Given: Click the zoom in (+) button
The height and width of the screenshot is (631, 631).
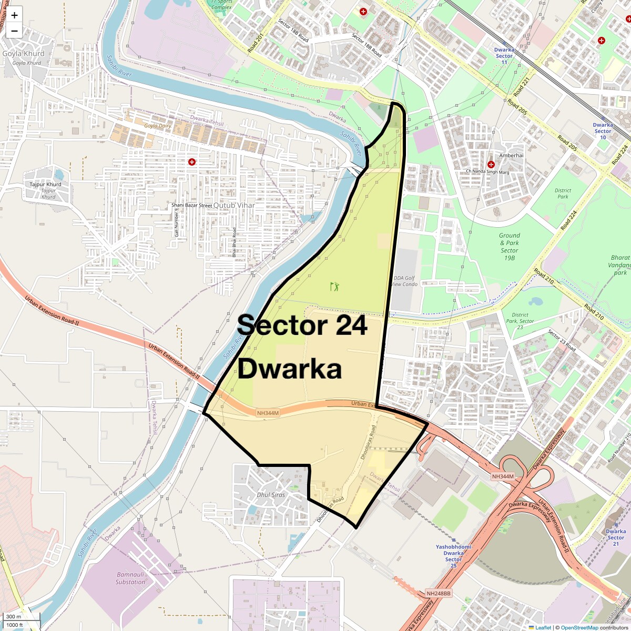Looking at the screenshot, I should coord(14,15).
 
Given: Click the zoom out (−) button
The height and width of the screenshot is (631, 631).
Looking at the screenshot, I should coord(14,30).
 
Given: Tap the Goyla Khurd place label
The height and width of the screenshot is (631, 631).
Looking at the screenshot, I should coord(24,54).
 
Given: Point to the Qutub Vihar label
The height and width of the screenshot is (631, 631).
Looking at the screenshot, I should coord(234,206).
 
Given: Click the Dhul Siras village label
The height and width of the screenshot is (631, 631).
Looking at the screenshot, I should coord(271,495).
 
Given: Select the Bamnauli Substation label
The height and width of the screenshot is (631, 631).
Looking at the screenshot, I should coord(130,578).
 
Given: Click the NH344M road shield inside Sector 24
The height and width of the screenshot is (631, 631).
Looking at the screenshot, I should coord(268,413).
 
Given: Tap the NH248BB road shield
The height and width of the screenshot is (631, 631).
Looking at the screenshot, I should coord(439,594).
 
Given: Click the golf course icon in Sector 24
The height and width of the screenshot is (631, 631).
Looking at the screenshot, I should coord(334,287).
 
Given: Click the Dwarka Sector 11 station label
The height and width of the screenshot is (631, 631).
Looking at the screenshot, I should coord(504,56).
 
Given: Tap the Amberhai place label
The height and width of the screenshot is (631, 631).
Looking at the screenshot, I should coord(511,156).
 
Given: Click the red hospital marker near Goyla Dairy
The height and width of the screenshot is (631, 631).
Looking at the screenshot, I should coord(192,162).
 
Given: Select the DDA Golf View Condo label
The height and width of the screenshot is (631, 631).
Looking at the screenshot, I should coord(405,281).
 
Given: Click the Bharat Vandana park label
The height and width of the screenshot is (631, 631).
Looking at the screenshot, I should coord(620,265).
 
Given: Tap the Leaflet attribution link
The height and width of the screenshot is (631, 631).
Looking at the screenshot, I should coord(543,627).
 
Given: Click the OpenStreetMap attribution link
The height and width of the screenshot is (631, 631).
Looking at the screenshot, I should coord(579,627).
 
